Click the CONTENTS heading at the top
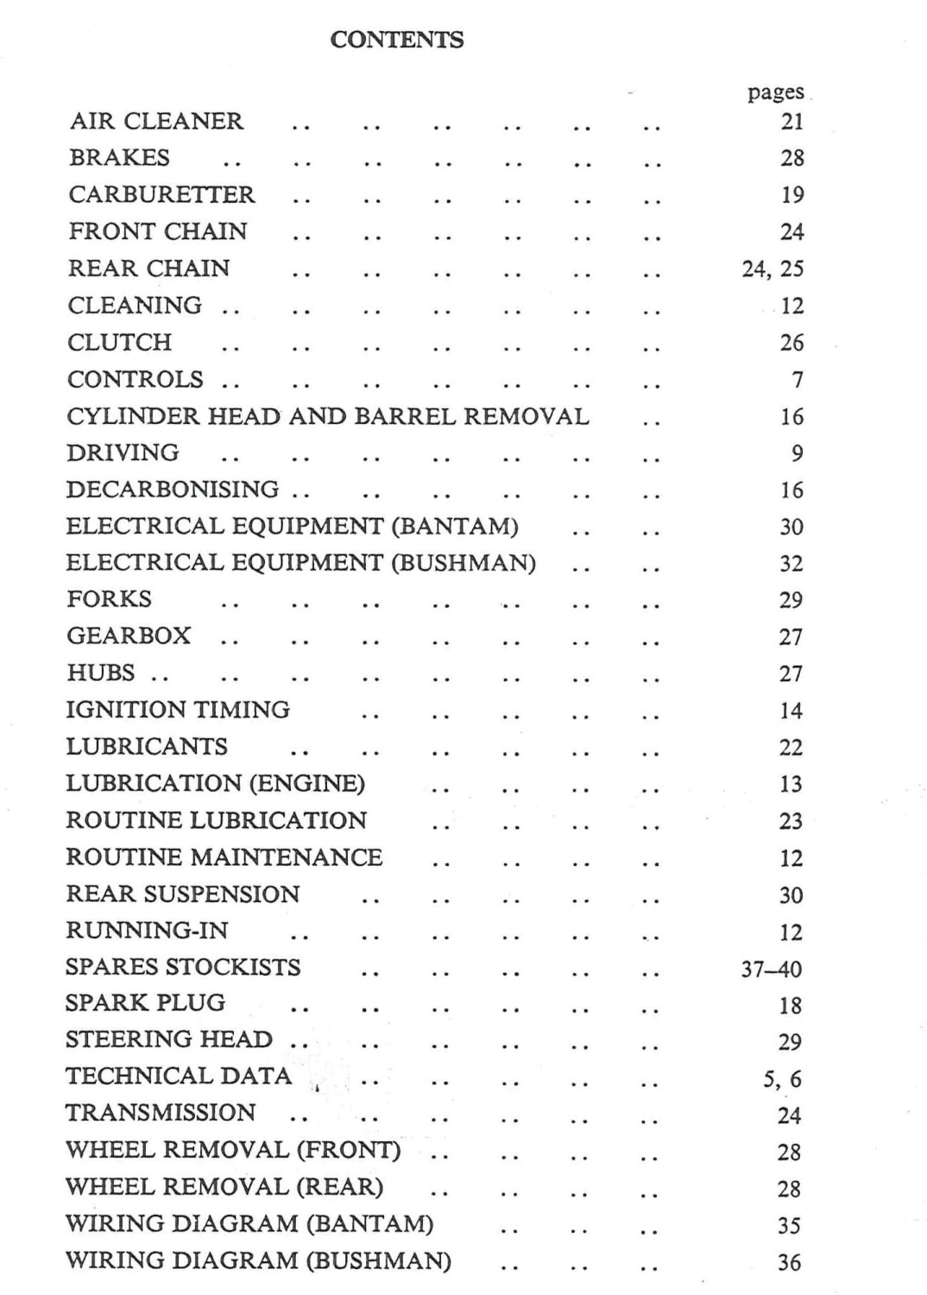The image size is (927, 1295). (x=397, y=40)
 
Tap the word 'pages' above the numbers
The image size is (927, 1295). (x=775, y=92)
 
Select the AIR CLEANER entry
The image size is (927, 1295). (x=156, y=122)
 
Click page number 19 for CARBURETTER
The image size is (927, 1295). (x=791, y=195)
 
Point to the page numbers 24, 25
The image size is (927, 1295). (x=772, y=268)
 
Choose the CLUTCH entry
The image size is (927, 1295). (x=120, y=343)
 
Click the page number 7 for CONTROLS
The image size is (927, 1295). (x=797, y=380)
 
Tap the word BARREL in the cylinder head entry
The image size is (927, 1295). (x=406, y=416)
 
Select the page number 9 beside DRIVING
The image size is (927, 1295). (x=797, y=453)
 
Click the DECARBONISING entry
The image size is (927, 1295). (x=173, y=490)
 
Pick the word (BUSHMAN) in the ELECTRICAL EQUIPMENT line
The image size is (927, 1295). (x=463, y=563)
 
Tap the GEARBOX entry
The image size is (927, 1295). (x=129, y=636)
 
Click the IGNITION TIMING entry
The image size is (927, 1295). (x=178, y=710)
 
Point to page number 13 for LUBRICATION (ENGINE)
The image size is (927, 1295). (x=791, y=784)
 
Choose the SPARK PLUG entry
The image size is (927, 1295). (x=145, y=1003)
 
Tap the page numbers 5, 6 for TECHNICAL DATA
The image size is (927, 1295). (x=782, y=1079)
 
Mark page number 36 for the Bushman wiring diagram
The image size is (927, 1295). (x=789, y=1262)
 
